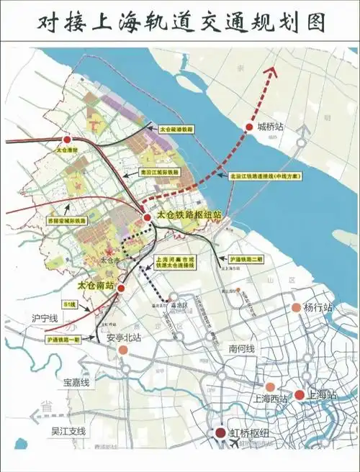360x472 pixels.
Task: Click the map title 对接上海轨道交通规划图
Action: pyautogui.click(x=180, y=21)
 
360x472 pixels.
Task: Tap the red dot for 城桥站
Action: pyautogui.click(x=250, y=127)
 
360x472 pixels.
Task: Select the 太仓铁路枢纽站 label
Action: pyautogui.click(x=188, y=215)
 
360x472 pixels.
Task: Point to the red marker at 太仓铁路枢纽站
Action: pyautogui.click(x=147, y=217)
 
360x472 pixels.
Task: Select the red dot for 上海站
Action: pyautogui.click(x=300, y=394)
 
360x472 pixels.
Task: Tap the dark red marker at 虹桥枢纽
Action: pyautogui.click(x=222, y=432)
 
